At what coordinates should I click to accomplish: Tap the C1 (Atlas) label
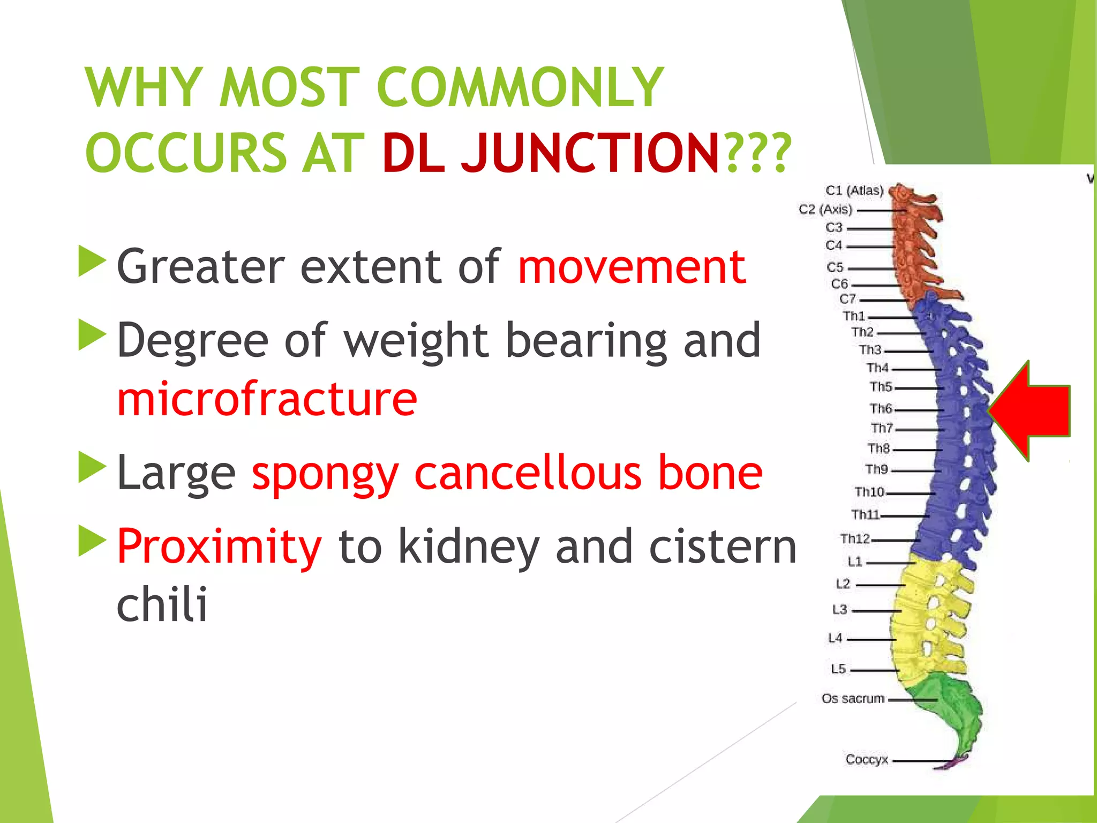[854, 191]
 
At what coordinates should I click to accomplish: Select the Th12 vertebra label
[855, 538]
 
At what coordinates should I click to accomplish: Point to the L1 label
[855, 562]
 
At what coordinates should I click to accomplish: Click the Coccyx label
[867, 759]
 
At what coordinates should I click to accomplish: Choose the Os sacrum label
[853, 699]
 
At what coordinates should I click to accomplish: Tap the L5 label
[838, 669]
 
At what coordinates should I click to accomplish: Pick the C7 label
[847, 299]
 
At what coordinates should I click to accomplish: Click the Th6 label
[881, 409]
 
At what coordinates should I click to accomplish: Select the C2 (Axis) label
[825, 210]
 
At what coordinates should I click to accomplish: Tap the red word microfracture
[267, 398]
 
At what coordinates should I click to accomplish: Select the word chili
[162, 604]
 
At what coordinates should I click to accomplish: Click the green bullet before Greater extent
[91, 261]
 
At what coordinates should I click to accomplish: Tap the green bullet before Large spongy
[91, 467]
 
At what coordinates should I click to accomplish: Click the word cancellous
[528, 473]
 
